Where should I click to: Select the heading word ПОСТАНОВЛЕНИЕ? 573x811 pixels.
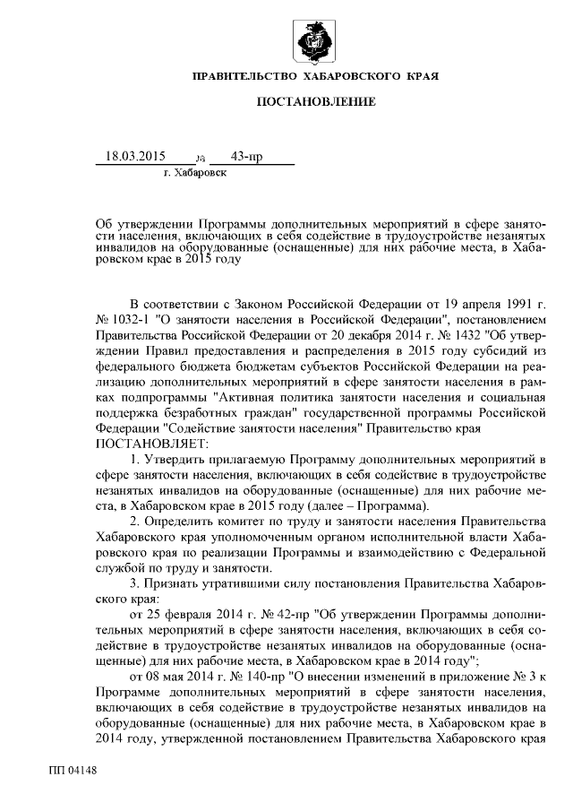[316, 104]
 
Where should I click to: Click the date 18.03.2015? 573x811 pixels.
[135, 156]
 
